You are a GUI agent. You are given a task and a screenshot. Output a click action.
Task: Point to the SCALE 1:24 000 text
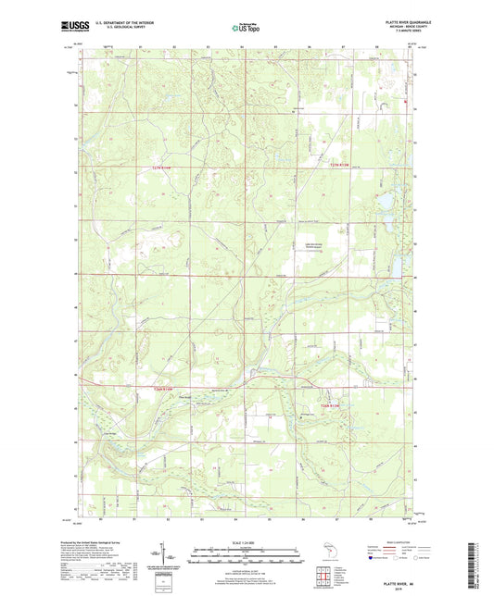click(x=246, y=542)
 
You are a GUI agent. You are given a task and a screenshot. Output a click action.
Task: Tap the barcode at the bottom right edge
click(x=480, y=565)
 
